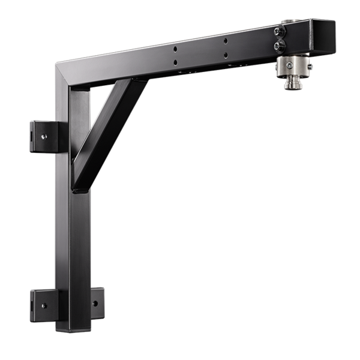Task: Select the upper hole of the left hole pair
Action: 176,50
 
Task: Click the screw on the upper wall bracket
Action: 45,137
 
